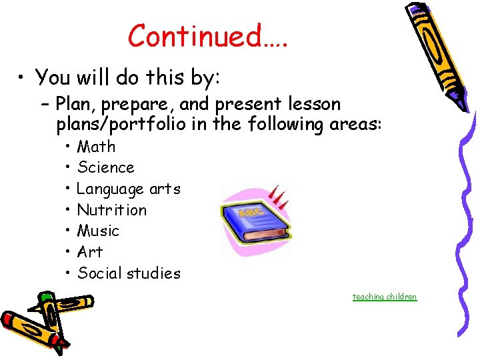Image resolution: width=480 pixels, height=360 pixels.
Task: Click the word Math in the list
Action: (96, 147)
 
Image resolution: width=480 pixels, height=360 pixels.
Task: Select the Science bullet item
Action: (105, 167)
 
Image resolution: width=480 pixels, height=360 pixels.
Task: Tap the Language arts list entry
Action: (128, 189)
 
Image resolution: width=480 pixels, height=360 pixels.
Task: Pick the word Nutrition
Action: (111, 210)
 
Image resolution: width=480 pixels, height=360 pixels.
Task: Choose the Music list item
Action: (98, 231)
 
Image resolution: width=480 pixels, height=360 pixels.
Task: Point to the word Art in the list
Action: (90, 252)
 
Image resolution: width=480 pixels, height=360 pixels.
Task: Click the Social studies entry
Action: (129, 273)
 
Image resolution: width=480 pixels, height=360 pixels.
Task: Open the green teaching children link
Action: (385, 297)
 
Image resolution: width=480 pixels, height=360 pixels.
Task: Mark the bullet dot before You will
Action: (23, 79)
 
